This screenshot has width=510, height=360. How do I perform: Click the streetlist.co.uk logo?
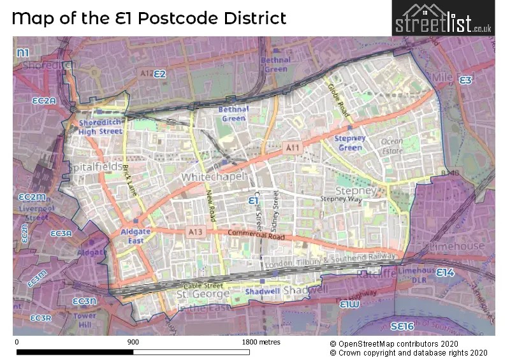pos(442,18)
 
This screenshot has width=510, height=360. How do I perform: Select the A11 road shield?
pos(293,148)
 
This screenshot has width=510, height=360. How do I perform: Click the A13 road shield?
pos(195,233)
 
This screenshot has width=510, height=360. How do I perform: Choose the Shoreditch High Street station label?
pos(100,127)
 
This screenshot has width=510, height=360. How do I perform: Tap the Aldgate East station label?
pos(135,236)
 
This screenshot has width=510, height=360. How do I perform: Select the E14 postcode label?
pos(444,272)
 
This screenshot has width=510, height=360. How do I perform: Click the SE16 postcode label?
pos(402,326)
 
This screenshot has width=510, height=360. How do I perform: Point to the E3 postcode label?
pos(465,80)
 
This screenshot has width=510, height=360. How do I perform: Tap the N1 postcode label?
pos(24,52)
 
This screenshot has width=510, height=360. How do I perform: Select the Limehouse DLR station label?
pos(414,274)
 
